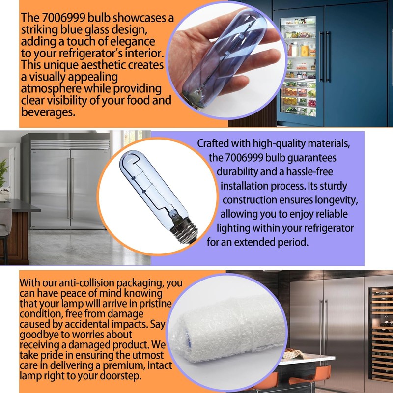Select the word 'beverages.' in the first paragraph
coord(48,112)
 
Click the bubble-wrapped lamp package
coord(227,331)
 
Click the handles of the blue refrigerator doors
coord(325,57)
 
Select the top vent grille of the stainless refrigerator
coord(70,145)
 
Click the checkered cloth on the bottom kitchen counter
coord(295,355)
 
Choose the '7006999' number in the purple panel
coord(244,158)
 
